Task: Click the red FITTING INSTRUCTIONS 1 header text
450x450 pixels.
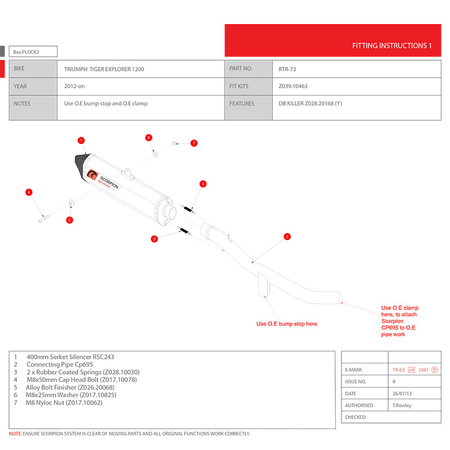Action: tap(391, 46)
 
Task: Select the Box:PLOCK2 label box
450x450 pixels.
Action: tap(34, 52)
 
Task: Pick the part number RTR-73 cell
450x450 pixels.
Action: tap(289, 69)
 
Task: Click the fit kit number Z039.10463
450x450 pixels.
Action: tap(293, 87)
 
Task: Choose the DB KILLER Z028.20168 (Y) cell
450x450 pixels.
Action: tap(310, 103)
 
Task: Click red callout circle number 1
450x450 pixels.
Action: tap(81, 140)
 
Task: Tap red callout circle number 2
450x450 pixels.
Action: tap(287, 236)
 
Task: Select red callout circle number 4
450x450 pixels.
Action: tap(29, 193)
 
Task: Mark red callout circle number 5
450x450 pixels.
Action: tap(70, 219)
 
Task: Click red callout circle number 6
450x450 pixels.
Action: tap(148, 138)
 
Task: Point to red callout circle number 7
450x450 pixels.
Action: tap(193, 143)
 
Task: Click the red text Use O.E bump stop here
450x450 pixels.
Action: tap(287, 324)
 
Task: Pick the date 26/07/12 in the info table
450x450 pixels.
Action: tap(401, 394)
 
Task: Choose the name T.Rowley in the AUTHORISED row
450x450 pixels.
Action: tap(402, 406)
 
